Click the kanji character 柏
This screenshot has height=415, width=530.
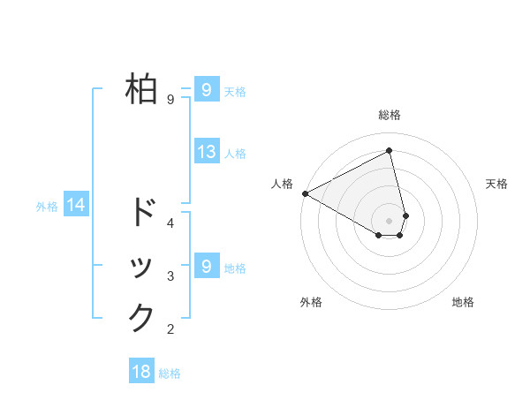pos(142,88)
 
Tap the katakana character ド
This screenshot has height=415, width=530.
pos(142,212)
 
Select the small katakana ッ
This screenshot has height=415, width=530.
pos(142,268)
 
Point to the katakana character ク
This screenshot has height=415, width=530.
pos(142,317)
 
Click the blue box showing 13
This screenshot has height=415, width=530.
pos(207,152)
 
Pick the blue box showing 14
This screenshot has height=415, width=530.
pos(76,206)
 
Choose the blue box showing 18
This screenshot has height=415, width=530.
pos(141,372)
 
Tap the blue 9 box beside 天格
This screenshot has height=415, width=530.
pos(206,89)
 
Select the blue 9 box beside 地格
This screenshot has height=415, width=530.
pos(206,266)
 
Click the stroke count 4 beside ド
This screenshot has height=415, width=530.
pos(170,223)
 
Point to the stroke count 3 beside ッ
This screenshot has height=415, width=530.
pos(170,277)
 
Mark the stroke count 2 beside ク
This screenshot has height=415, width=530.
pos(170,330)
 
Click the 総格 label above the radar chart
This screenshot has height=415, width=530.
pos(390,115)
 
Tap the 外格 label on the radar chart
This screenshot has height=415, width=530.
pos(311,303)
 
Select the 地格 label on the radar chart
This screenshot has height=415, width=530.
pos(463,303)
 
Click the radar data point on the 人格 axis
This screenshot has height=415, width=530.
pos(305,193)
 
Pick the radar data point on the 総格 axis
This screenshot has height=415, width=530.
pos(390,151)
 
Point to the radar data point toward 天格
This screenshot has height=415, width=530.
pos(405,215)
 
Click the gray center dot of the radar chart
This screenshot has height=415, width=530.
pos(390,220)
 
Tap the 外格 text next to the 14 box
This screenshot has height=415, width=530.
pos(47,207)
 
